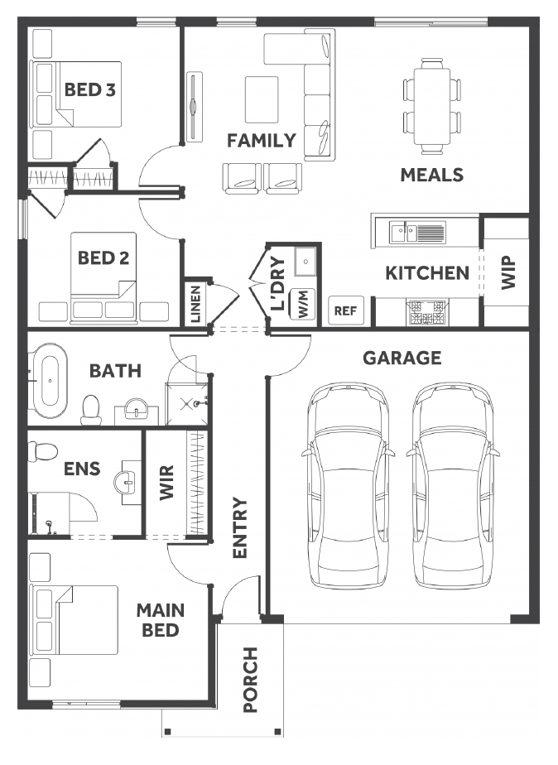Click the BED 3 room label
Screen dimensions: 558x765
(89, 89)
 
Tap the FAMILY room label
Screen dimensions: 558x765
(262, 141)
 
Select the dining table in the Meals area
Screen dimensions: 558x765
(432, 106)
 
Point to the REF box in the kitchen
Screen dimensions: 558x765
(346, 310)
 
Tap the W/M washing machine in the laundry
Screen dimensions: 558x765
(302, 305)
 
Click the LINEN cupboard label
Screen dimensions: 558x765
(195, 304)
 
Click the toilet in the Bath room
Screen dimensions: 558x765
(91, 410)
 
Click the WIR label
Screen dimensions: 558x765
(166, 483)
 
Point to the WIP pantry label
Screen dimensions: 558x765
(508, 272)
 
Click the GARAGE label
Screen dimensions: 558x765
(402, 358)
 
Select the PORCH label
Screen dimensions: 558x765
(250, 680)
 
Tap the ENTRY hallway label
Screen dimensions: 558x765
(240, 527)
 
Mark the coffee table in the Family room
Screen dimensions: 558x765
(262, 99)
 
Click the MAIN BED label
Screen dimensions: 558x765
(160, 619)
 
